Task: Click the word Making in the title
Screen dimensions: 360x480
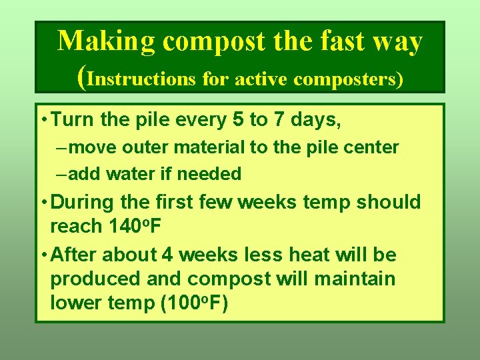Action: pos(106,41)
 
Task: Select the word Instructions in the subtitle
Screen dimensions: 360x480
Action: pos(141,79)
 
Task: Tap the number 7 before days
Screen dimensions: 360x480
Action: pos(279,121)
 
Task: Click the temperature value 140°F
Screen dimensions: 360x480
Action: pos(134,227)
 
